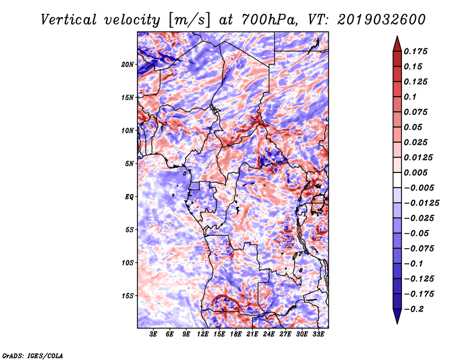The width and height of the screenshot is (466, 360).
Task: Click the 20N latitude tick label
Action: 128,64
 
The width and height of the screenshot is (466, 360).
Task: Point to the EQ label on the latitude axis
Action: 129,197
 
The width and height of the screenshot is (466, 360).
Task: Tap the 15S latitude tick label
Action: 128,296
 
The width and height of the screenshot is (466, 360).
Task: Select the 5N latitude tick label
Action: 129,164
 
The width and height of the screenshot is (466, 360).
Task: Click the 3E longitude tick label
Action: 154,334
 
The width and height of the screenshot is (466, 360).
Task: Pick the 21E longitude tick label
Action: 252,334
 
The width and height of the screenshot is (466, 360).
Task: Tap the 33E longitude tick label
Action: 318,334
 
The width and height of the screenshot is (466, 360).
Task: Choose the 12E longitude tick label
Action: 203,334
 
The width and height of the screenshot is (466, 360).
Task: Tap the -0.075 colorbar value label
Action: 418,248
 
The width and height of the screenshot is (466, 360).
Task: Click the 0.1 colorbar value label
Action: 410,97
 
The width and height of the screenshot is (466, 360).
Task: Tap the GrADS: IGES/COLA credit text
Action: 32,355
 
